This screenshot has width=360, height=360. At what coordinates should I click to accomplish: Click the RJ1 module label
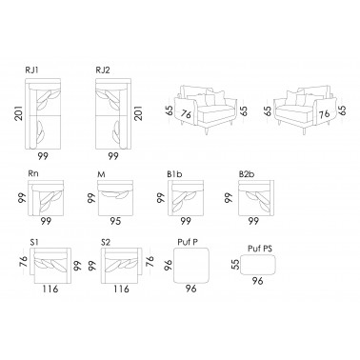[x=31, y=70]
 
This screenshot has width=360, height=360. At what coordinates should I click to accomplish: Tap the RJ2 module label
[x=103, y=70]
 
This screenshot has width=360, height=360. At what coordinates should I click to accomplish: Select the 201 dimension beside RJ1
[x=19, y=113]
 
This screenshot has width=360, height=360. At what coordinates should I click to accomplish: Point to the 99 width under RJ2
[x=113, y=156]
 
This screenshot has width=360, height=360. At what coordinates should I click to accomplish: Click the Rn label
[x=33, y=173]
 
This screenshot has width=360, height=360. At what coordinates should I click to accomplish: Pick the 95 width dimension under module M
[x=115, y=221]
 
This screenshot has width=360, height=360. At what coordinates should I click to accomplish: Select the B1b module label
[x=174, y=174]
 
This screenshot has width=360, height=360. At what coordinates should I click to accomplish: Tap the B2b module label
[x=247, y=174]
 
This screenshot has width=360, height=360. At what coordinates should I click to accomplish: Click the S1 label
[x=34, y=242]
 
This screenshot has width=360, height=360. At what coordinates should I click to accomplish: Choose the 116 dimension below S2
[x=122, y=289]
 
